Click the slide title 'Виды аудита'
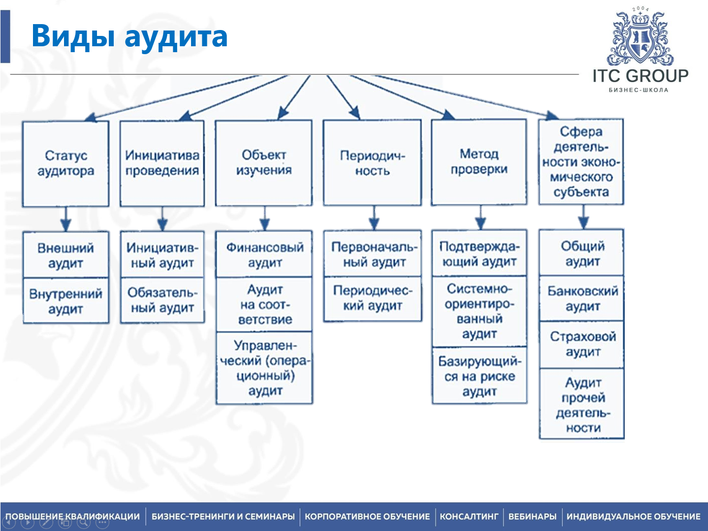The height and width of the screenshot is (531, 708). (129, 36)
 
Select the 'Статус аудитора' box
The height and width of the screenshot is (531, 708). (65, 163)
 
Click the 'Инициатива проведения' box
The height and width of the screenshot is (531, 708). (162, 163)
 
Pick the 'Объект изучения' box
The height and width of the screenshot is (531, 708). (264, 162)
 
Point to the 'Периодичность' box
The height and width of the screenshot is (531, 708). (372, 163)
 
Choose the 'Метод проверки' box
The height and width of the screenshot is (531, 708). (479, 162)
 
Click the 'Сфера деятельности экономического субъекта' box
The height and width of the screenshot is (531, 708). (581, 162)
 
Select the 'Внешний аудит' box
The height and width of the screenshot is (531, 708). (65, 255)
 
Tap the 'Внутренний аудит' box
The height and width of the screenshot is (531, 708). (65, 301)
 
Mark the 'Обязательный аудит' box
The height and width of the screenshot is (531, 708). (162, 300)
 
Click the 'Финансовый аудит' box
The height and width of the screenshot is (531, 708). (264, 254)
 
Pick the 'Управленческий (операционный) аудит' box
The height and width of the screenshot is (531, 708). (264, 368)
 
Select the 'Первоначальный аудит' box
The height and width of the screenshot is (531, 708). (373, 254)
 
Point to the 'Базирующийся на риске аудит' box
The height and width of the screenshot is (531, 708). (479, 376)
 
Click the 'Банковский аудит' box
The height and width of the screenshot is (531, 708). (582, 298)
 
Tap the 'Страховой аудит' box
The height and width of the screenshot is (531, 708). (582, 344)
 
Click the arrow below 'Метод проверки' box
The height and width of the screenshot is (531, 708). (481, 217)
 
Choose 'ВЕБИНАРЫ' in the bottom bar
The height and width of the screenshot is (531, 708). (532, 517)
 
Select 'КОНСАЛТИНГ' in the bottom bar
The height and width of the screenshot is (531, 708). (469, 517)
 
